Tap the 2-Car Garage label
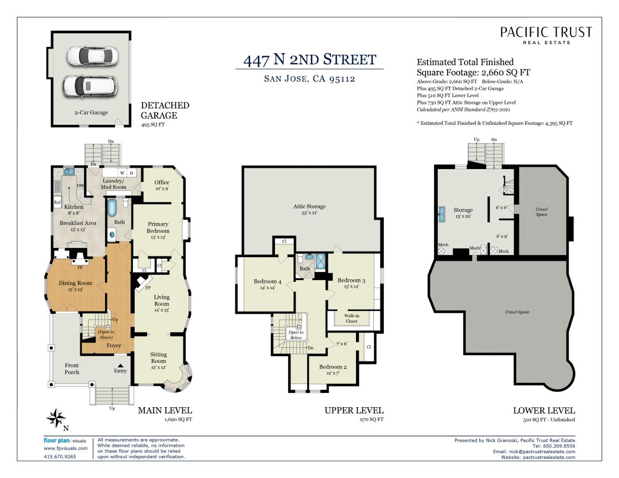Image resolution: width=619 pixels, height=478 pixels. click(91, 112)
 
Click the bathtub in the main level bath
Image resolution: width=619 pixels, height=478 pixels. click(112, 212)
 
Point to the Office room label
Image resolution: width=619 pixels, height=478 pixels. click(162, 182)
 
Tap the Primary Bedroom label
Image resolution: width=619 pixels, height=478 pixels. click(158, 227)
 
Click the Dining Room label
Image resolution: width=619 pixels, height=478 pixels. click(75, 283)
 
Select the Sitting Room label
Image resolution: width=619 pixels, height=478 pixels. click(159, 358)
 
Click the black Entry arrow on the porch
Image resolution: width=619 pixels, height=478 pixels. click(120, 366)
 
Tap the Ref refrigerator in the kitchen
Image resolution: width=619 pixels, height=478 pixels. click(57, 202)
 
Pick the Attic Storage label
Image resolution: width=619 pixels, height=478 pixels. click(309, 206)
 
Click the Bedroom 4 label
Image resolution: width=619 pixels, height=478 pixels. click(267, 281)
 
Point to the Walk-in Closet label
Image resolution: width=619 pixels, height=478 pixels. click(352, 318)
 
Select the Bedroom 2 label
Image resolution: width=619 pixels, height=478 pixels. click(333, 367)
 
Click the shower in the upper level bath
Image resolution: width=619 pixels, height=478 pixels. click(321, 261)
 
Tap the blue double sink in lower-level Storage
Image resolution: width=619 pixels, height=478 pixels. click(442, 214)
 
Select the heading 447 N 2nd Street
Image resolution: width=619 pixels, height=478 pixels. click(309, 60)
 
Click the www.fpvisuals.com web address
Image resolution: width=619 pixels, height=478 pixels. click(66, 448)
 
